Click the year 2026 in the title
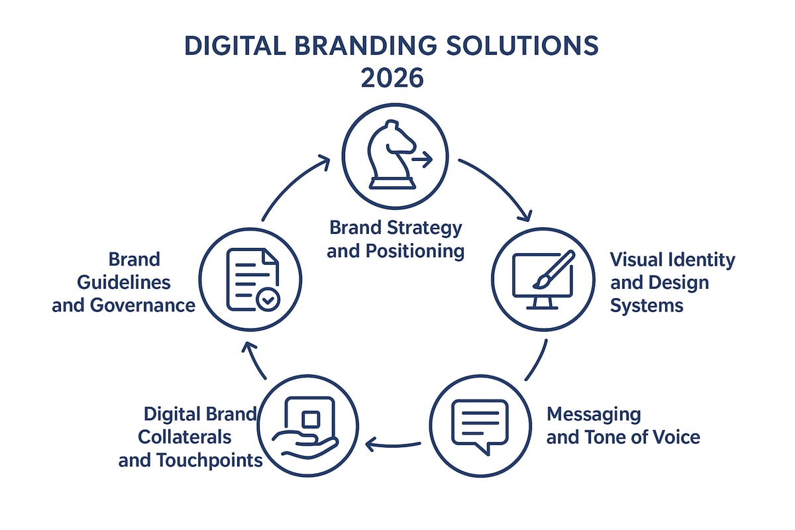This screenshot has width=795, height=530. [x=392, y=78]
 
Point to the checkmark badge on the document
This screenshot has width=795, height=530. [x=268, y=300]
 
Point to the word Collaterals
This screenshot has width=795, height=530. [x=184, y=437]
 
